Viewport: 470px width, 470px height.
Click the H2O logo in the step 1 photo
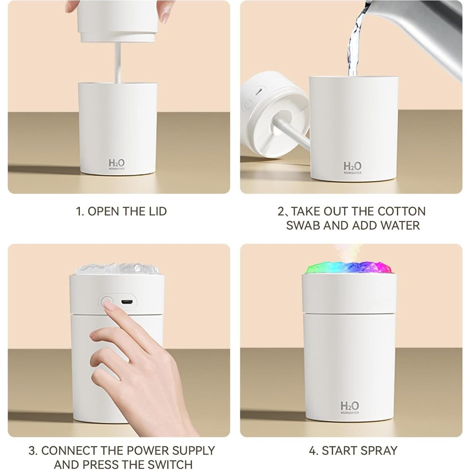click(x=117, y=164)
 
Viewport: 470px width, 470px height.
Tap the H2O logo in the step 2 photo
click(x=352, y=167)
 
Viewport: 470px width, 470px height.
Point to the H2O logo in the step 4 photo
click(x=350, y=407)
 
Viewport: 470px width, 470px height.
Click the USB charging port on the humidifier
click(x=127, y=302)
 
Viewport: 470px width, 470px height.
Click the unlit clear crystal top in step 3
click(x=117, y=269)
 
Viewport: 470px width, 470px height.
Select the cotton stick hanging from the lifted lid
click(x=118, y=63)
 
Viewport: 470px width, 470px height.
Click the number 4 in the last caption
click(x=312, y=451)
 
